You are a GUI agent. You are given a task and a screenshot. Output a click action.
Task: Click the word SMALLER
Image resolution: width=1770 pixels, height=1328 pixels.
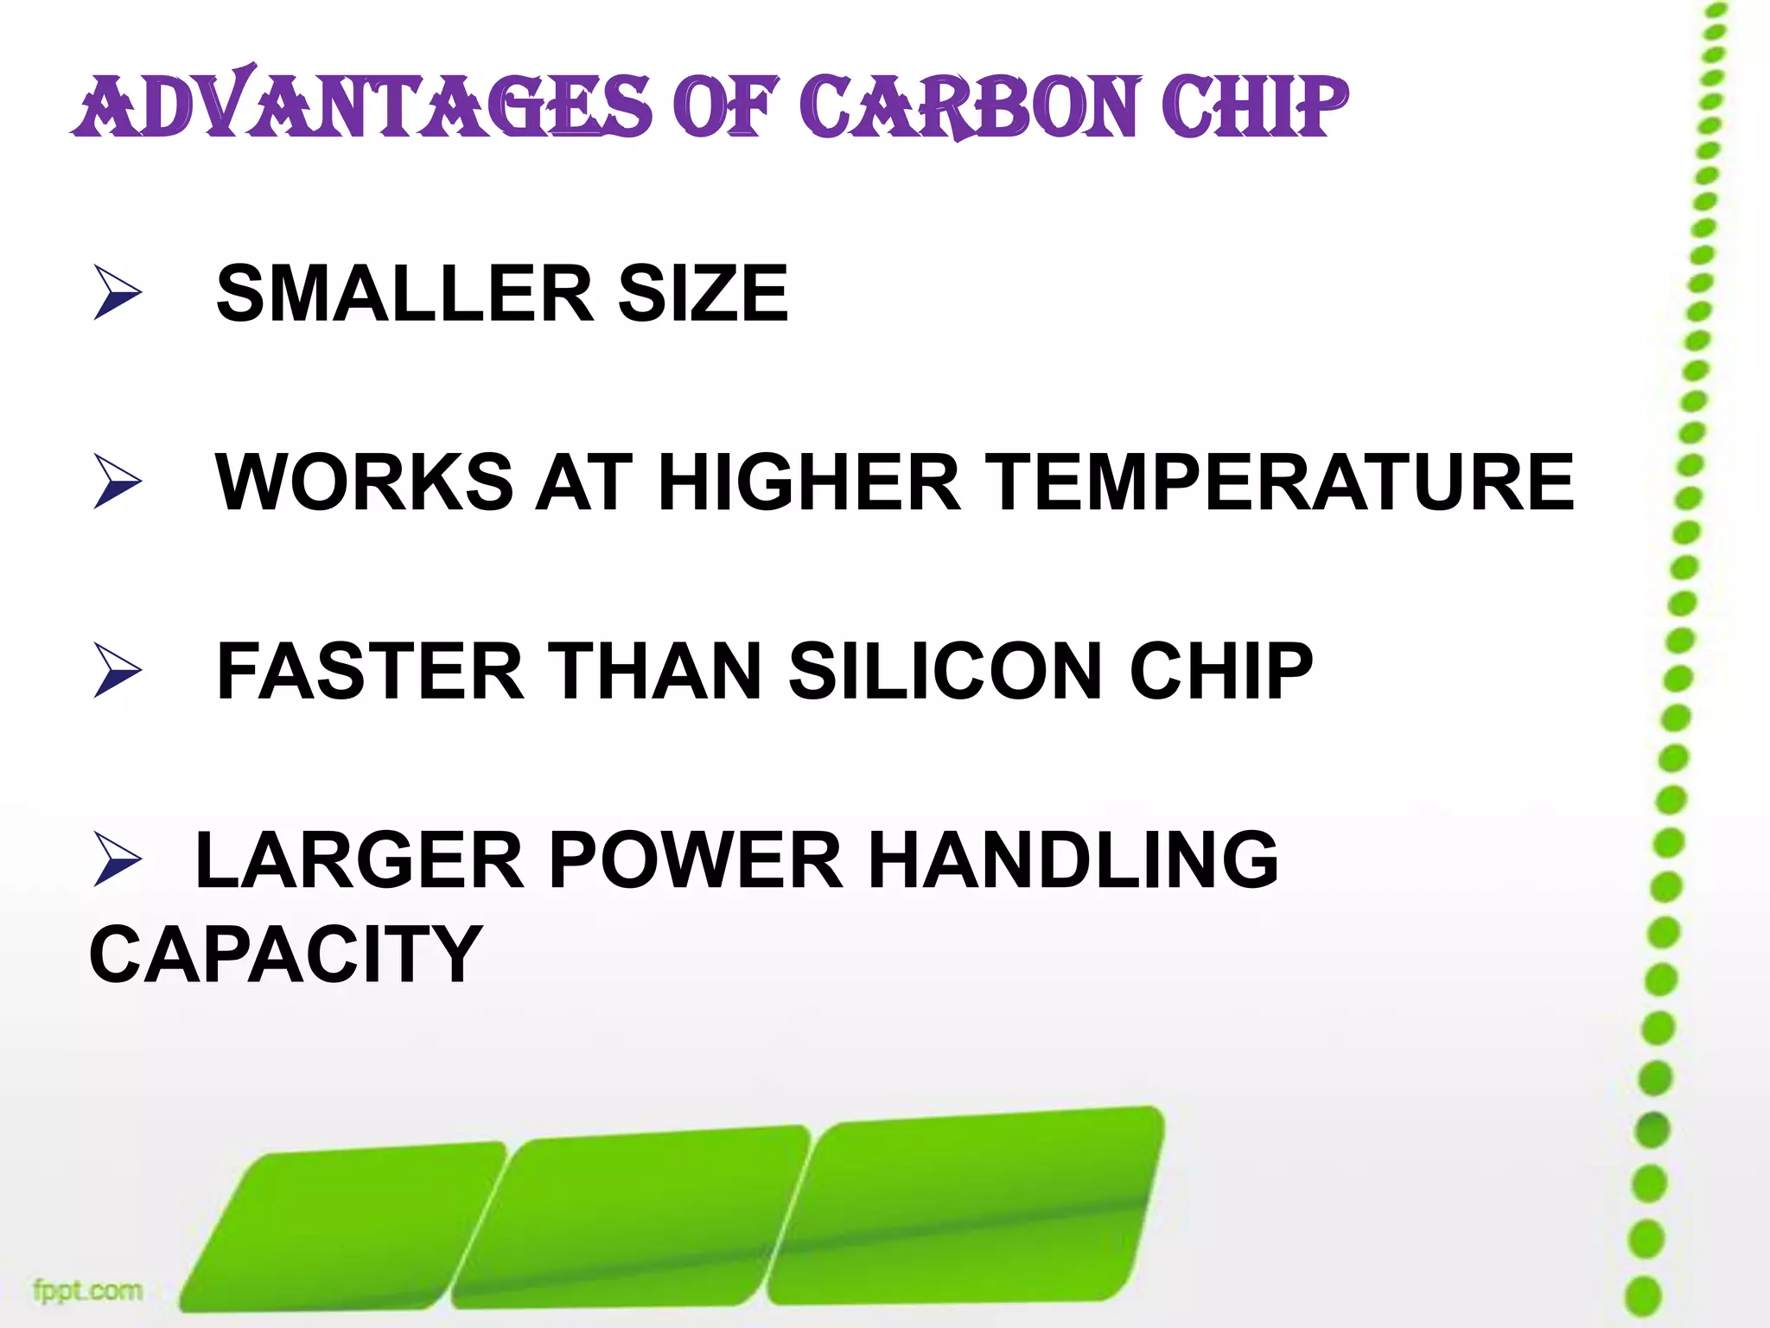coord(404,294)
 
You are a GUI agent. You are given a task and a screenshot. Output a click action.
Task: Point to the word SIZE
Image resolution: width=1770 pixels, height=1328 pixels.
coord(702,294)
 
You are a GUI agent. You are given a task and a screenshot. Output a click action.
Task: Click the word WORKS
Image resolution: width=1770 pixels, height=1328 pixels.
coord(364,482)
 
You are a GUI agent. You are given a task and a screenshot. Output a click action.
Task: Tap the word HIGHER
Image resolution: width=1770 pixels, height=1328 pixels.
coord(809,482)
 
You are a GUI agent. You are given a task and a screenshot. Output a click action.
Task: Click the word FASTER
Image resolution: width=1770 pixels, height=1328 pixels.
coord(370,671)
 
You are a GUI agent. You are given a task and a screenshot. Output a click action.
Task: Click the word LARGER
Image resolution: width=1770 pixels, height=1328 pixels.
coord(360,859)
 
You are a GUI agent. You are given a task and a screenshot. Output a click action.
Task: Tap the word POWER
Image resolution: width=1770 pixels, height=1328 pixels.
coord(696,859)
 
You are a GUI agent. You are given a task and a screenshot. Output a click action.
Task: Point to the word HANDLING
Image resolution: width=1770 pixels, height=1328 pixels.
coord(1073,859)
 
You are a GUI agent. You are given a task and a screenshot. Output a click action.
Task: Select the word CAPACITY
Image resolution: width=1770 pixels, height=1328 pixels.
coord(285,954)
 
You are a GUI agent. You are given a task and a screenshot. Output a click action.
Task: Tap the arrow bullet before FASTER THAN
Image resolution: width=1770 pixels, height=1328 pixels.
coord(117,671)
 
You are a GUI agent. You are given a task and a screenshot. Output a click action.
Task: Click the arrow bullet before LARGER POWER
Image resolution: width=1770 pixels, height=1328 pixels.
coord(117,859)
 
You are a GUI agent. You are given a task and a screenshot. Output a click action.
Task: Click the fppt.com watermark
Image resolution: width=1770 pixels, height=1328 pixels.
coord(87,1291)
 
